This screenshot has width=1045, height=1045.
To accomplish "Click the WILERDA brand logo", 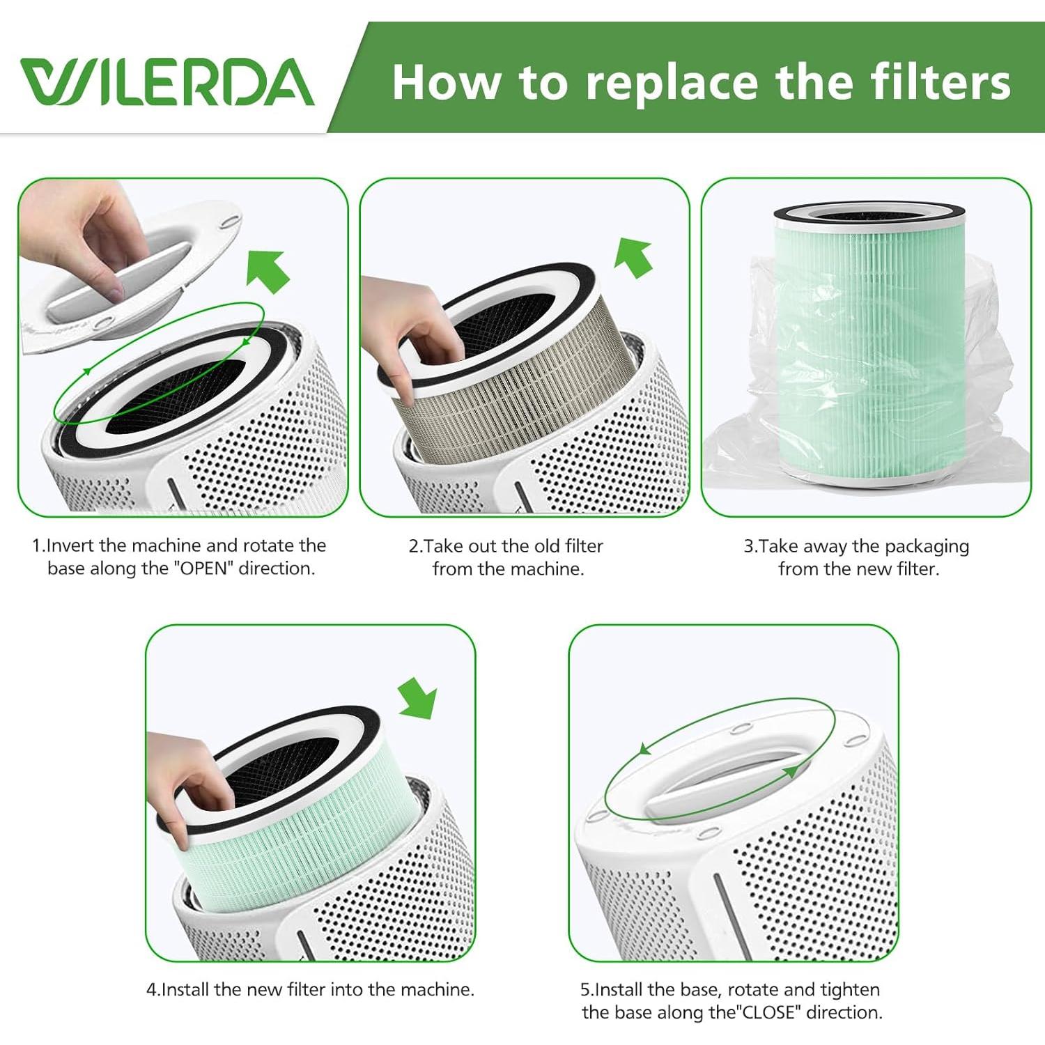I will [x=167, y=82].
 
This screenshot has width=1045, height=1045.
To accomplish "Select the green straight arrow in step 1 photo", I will [x=268, y=270].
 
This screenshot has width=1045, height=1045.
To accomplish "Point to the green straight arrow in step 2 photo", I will [x=633, y=257].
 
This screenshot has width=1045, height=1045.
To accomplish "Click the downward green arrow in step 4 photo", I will [x=418, y=698].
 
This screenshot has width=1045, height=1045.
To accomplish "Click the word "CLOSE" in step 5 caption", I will [x=770, y=1012].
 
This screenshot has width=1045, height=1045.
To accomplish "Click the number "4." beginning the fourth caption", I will [x=153, y=990].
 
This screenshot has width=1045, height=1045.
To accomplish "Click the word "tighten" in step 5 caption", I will [x=850, y=990].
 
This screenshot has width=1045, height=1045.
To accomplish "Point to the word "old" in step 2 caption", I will [x=547, y=546].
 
